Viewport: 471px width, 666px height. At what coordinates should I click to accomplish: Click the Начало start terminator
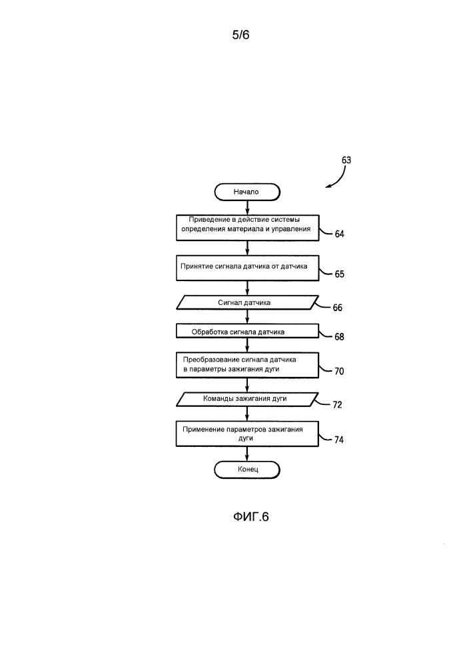tap(247, 192)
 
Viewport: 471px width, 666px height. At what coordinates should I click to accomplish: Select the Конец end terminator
tap(247, 470)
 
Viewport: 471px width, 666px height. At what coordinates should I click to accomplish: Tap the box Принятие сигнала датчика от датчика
tap(248, 268)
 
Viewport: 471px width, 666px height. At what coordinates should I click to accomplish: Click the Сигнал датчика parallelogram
tap(248, 302)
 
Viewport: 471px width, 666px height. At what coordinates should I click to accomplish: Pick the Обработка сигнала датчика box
tap(248, 331)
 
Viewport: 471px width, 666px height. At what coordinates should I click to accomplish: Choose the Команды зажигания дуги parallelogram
tap(248, 399)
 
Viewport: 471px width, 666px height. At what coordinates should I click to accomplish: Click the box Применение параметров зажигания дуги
tap(248, 434)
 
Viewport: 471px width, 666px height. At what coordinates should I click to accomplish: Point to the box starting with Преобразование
tap(248, 365)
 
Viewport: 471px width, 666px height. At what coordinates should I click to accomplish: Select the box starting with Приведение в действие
tap(248, 228)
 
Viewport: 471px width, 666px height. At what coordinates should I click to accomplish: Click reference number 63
tap(346, 160)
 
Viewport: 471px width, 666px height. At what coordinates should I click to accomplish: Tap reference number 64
tap(339, 234)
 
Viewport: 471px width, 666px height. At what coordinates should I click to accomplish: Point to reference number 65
tap(339, 274)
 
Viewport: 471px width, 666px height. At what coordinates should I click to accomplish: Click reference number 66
tap(338, 308)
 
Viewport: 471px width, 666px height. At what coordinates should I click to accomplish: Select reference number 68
tap(339, 337)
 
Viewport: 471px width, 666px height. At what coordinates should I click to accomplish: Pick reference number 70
tap(339, 371)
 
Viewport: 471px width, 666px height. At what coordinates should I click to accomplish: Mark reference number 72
tap(337, 405)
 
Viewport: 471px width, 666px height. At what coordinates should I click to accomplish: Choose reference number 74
tap(339, 440)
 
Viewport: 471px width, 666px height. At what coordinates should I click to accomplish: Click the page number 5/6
tap(240, 35)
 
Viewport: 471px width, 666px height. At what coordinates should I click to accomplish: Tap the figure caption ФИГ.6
tap(251, 517)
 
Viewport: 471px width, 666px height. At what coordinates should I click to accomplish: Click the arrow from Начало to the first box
tap(248, 208)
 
